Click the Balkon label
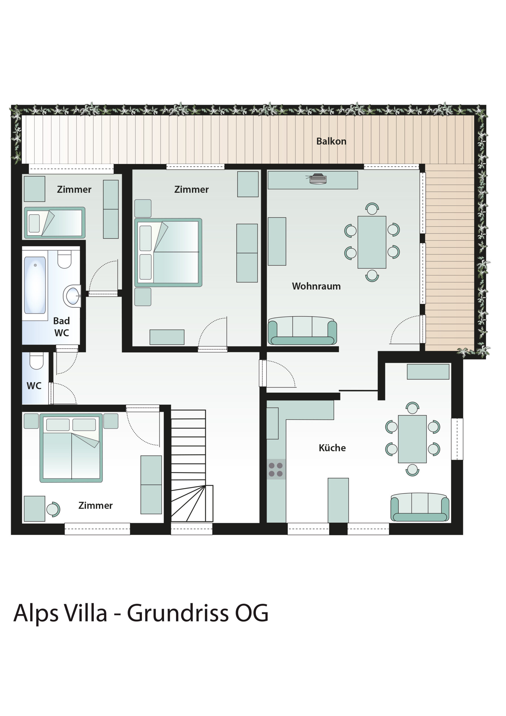tap(331, 141)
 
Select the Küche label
tap(332, 448)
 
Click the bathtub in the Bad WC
tap(35, 285)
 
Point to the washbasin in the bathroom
tap(72, 296)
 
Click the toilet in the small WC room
tap(36, 361)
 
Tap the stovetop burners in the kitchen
tap(276, 469)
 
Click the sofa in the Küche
tap(420, 507)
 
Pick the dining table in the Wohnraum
tap(372, 242)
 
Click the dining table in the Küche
tap(412, 439)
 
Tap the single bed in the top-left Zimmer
tap(55, 223)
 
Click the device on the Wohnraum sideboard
tap(317, 179)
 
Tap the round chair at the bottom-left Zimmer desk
tap(53, 509)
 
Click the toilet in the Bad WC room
tap(65, 260)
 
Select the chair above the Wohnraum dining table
tap(372, 209)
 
